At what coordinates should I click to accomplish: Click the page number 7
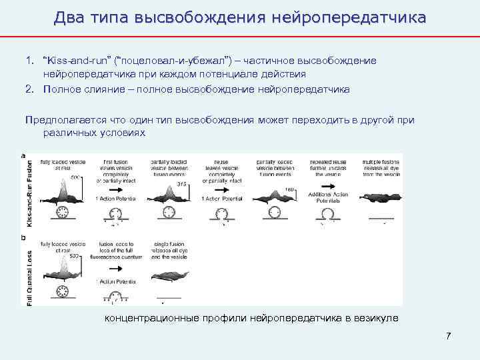click(449, 335)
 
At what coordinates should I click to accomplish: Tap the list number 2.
click(30, 89)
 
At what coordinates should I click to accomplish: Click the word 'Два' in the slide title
click(69, 17)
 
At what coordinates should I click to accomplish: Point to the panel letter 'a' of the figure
click(24, 155)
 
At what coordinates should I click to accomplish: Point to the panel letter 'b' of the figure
click(24, 237)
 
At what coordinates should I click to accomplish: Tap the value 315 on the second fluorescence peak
click(181, 185)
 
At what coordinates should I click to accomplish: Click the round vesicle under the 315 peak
click(165, 213)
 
